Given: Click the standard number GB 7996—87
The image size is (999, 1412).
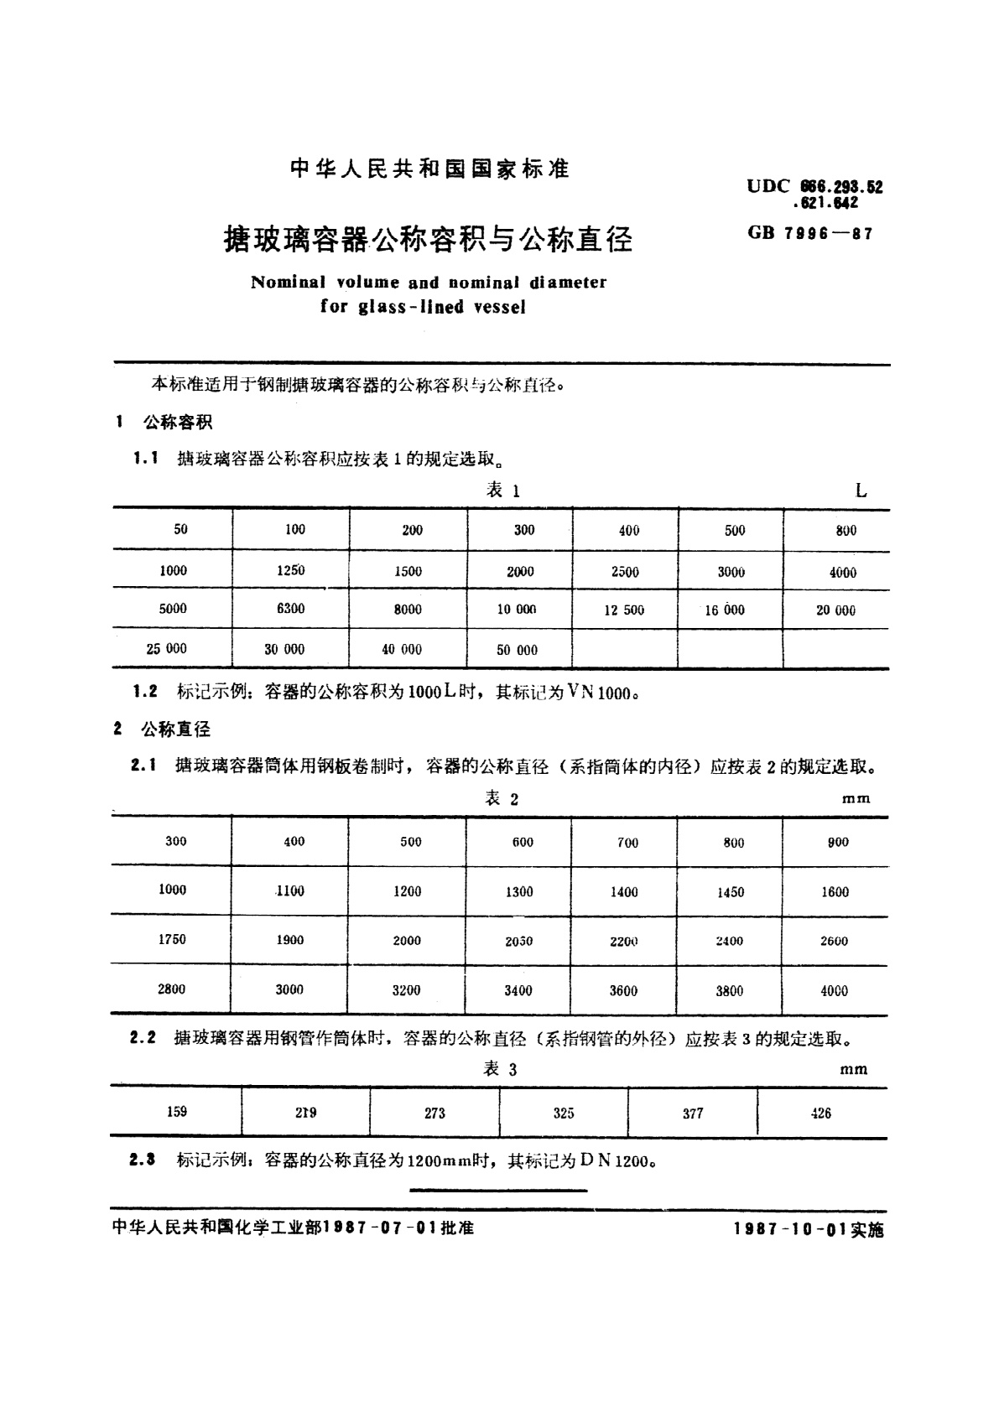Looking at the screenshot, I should pos(809,234).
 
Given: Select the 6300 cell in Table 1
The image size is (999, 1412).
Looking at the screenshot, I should pos(290,609).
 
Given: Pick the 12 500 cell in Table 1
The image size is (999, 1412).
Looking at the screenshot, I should pos(624,610).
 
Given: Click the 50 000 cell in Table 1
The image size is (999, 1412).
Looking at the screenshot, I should pos(517,650).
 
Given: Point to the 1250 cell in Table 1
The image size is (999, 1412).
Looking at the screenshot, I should pos(290,570).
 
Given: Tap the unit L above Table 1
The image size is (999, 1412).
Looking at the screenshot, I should pos(861,491).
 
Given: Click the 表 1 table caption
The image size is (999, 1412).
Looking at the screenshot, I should pos(503,491).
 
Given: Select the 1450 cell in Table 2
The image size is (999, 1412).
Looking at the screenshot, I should pos(730,892).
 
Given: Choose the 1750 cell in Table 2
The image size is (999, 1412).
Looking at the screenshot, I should pos(172,939).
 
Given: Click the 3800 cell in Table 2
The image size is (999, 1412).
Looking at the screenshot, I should pos(729,990).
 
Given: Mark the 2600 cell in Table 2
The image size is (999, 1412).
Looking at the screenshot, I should pos(834,941).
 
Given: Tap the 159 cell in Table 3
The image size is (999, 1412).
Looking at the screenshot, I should pos(177,1112).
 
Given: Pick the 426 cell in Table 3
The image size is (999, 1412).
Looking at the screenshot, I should pos(821,1114).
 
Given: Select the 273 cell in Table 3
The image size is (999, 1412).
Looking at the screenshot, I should pos(434,1114).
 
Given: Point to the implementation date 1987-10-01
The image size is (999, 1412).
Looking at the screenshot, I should pos(789,1228).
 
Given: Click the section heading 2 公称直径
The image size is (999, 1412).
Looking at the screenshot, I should pos(164,729).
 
